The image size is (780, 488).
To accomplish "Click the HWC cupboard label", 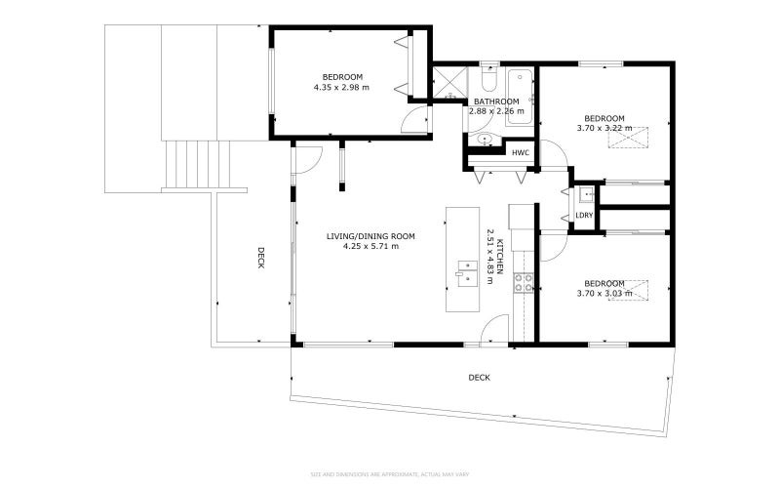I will [x=521, y=152].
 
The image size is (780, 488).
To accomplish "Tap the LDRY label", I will [x=584, y=216].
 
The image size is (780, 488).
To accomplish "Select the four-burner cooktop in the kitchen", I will [x=525, y=283].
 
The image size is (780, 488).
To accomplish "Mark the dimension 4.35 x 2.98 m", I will [x=342, y=87].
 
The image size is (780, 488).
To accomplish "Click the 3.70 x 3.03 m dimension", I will [x=604, y=293].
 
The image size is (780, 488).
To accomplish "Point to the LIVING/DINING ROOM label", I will [x=370, y=236].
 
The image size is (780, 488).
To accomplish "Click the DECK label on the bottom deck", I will [x=479, y=377].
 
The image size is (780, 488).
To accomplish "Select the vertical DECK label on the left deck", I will [x=261, y=258].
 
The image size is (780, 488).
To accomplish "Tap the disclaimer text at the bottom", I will [x=390, y=474].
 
